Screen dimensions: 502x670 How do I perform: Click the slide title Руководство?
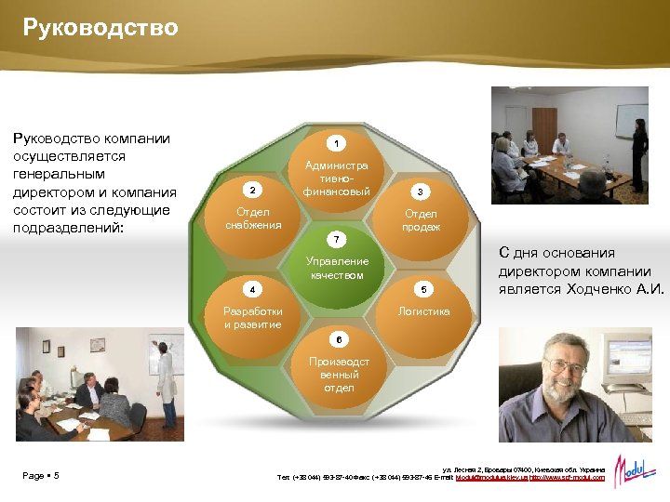(x=100, y=29)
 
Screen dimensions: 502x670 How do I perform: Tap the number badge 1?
(x=337, y=143)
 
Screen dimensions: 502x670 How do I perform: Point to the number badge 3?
(x=420, y=192)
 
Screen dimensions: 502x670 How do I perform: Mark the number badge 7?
(x=337, y=240)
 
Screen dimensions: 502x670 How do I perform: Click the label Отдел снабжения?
(x=247, y=218)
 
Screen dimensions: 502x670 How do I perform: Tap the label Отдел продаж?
(x=422, y=220)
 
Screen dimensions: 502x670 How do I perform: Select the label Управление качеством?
(x=337, y=269)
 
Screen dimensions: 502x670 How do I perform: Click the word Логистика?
(x=423, y=311)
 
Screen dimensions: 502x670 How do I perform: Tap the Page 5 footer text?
(x=41, y=476)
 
